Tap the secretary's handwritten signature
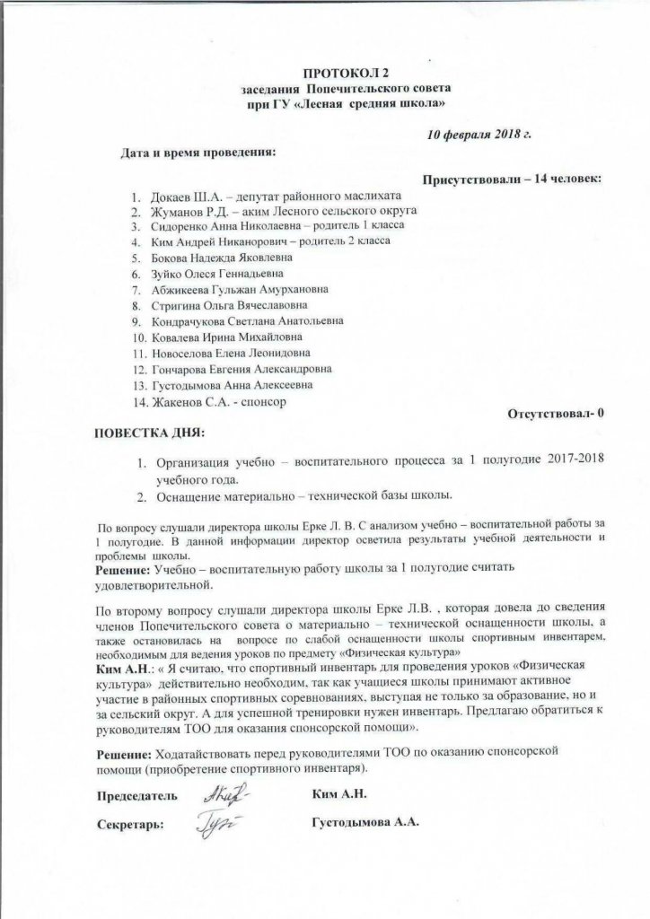coord(212,822)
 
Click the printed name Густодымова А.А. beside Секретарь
coord(364,821)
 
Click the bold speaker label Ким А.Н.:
coord(125,669)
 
